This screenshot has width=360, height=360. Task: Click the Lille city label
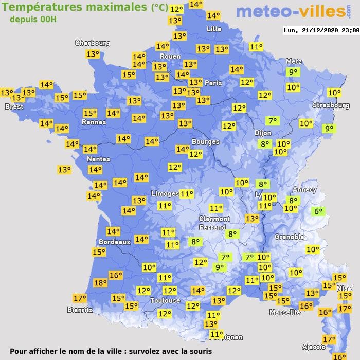tap(213, 29)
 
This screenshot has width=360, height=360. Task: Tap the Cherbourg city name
tap(93, 43)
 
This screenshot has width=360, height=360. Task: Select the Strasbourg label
tap(331, 105)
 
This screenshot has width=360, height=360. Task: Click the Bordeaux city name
tap(114, 242)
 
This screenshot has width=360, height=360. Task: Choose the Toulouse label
tap(165, 300)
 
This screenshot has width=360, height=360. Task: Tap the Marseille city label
tap(285, 312)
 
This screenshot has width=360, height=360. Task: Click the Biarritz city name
tap(80, 310)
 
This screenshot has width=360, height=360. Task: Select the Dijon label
tap(262, 133)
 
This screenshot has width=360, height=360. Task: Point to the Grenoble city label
tap(289, 237)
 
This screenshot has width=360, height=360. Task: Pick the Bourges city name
tap(205, 141)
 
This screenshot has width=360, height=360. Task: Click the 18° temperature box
tap(100, 282)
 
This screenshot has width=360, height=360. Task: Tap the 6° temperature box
tap(318, 211)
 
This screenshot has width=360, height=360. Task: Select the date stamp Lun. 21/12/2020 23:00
tap(321, 30)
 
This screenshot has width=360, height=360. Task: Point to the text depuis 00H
tap(33, 19)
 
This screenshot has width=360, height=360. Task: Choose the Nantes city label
tap(98, 159)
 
